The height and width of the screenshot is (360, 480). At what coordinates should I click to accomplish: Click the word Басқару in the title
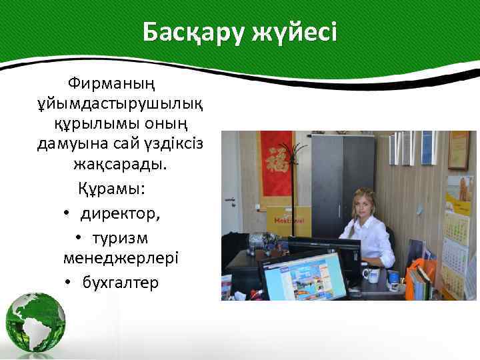pos(193,32)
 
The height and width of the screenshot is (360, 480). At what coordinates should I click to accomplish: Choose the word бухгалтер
pos(121,283)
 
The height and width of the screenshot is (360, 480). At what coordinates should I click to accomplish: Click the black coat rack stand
pos(289,187)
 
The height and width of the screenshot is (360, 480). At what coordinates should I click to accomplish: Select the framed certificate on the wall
pos(459,149)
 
